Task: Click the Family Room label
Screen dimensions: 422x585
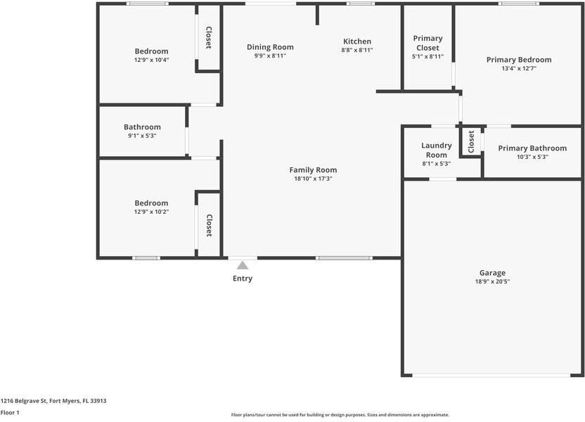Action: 313,170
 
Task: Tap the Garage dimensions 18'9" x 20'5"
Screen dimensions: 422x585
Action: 492,281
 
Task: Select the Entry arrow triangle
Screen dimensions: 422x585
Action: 243,265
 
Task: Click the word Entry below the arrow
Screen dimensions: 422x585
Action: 243,279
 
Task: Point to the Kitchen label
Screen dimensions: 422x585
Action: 356,41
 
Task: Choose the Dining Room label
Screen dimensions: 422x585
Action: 270,46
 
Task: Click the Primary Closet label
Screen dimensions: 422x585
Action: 427,43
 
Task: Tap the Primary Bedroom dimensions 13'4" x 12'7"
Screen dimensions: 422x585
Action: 518,68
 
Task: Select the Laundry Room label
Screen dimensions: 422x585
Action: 436,150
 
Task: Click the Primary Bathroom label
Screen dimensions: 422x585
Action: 532,148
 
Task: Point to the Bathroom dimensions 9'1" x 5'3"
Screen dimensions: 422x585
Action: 142,136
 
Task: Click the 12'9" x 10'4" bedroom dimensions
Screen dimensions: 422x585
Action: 151,60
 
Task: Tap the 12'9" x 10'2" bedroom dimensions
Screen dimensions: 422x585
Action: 151,212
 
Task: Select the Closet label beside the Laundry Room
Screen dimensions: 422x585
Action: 472,142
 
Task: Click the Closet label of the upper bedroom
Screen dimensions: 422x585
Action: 209,38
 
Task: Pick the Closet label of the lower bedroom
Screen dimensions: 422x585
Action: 209,225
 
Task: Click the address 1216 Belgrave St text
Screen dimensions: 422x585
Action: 53,400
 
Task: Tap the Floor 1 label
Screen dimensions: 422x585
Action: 10,412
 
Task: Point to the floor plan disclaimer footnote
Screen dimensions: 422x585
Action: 340,415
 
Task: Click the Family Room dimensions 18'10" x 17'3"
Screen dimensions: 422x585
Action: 313,179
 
